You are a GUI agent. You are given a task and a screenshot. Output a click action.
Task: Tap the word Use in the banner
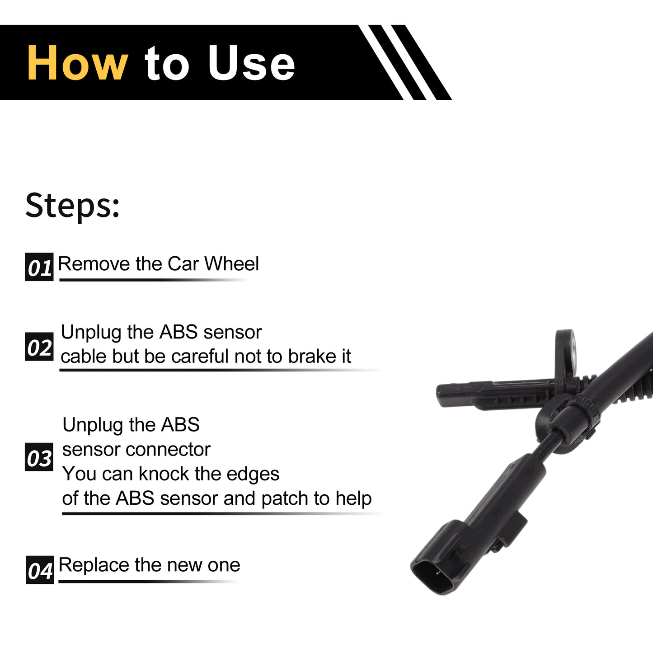click(x=251, y=63)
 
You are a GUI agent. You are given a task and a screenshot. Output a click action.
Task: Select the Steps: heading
click(x=72, y=206)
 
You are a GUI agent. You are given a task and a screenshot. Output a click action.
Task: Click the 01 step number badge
click(x=39, y=267)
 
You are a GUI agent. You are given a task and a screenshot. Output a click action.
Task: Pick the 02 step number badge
click(x=39, y=347)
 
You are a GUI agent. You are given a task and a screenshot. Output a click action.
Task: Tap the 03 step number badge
click(x=39, y=457)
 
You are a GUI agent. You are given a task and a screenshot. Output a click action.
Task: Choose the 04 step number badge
click(x=40, y=570)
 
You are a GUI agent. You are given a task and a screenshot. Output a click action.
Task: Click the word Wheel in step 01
click(x=231, y=263)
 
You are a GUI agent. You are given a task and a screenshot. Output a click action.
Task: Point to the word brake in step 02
click(x=309, y=356)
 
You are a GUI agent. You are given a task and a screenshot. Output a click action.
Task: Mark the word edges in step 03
click(x=253, y=474)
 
